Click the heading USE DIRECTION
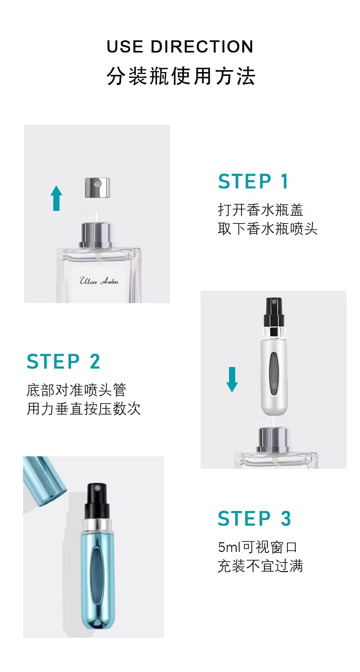[180, 47]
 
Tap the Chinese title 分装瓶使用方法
[181, 76]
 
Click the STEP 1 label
[253, 181]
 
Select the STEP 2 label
[63, 361]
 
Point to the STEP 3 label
[254, 518]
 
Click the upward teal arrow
[56, 198]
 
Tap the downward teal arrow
[232, 379]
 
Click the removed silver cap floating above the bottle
[98, 187]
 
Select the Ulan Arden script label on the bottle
[99, 281]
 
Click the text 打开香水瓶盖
[261, 210]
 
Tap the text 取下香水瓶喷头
[267, 229]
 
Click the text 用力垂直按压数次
[84, 409]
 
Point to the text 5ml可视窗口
[257, 547]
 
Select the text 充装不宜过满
[261, 566]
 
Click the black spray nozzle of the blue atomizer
[97, 501]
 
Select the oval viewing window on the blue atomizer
[96, 566]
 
